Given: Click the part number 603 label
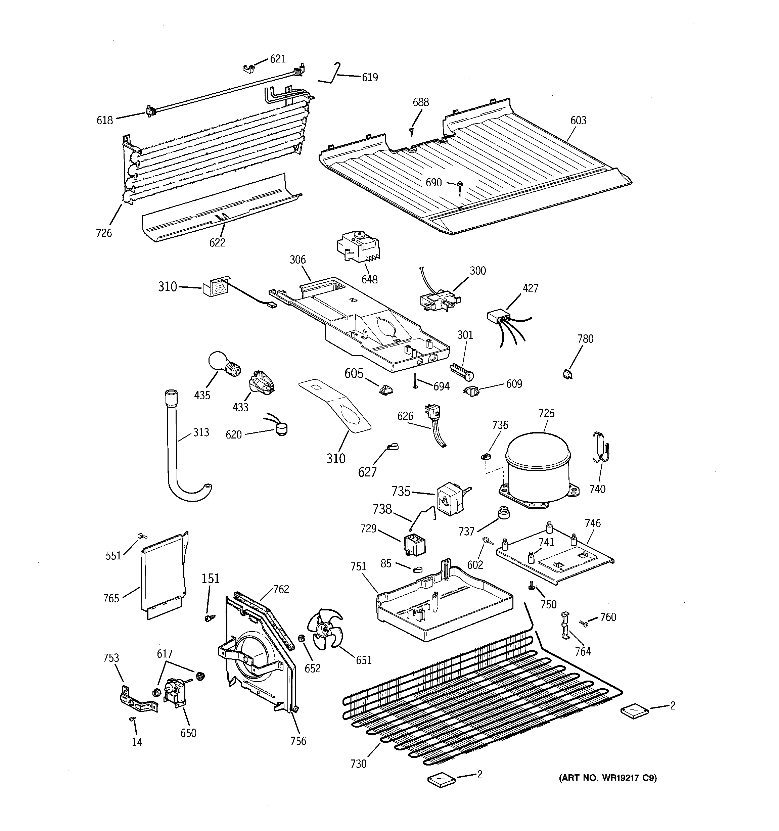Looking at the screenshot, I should click(x=578, y=121).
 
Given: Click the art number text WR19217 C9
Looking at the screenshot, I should click(x=607, y=778).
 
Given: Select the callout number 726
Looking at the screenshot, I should click(x=104, y=233).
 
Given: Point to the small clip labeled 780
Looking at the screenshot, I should click(x=568, y=374).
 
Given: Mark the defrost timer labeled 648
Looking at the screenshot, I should click(x=358, y=247).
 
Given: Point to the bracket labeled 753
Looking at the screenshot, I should click(x=136, y=701).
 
